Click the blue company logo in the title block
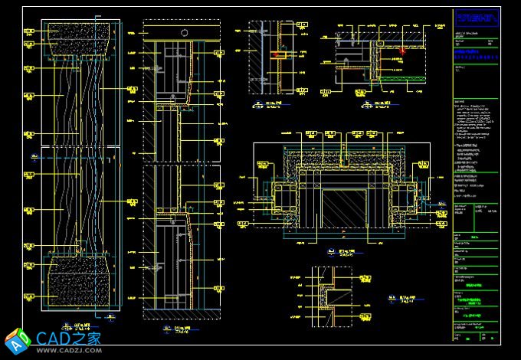tap(476, 17)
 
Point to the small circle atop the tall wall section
tap(184, 32)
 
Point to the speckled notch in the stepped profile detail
tap(331, 294)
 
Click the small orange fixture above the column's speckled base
tap(77, 248)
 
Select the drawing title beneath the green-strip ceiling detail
tap(377, 103)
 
